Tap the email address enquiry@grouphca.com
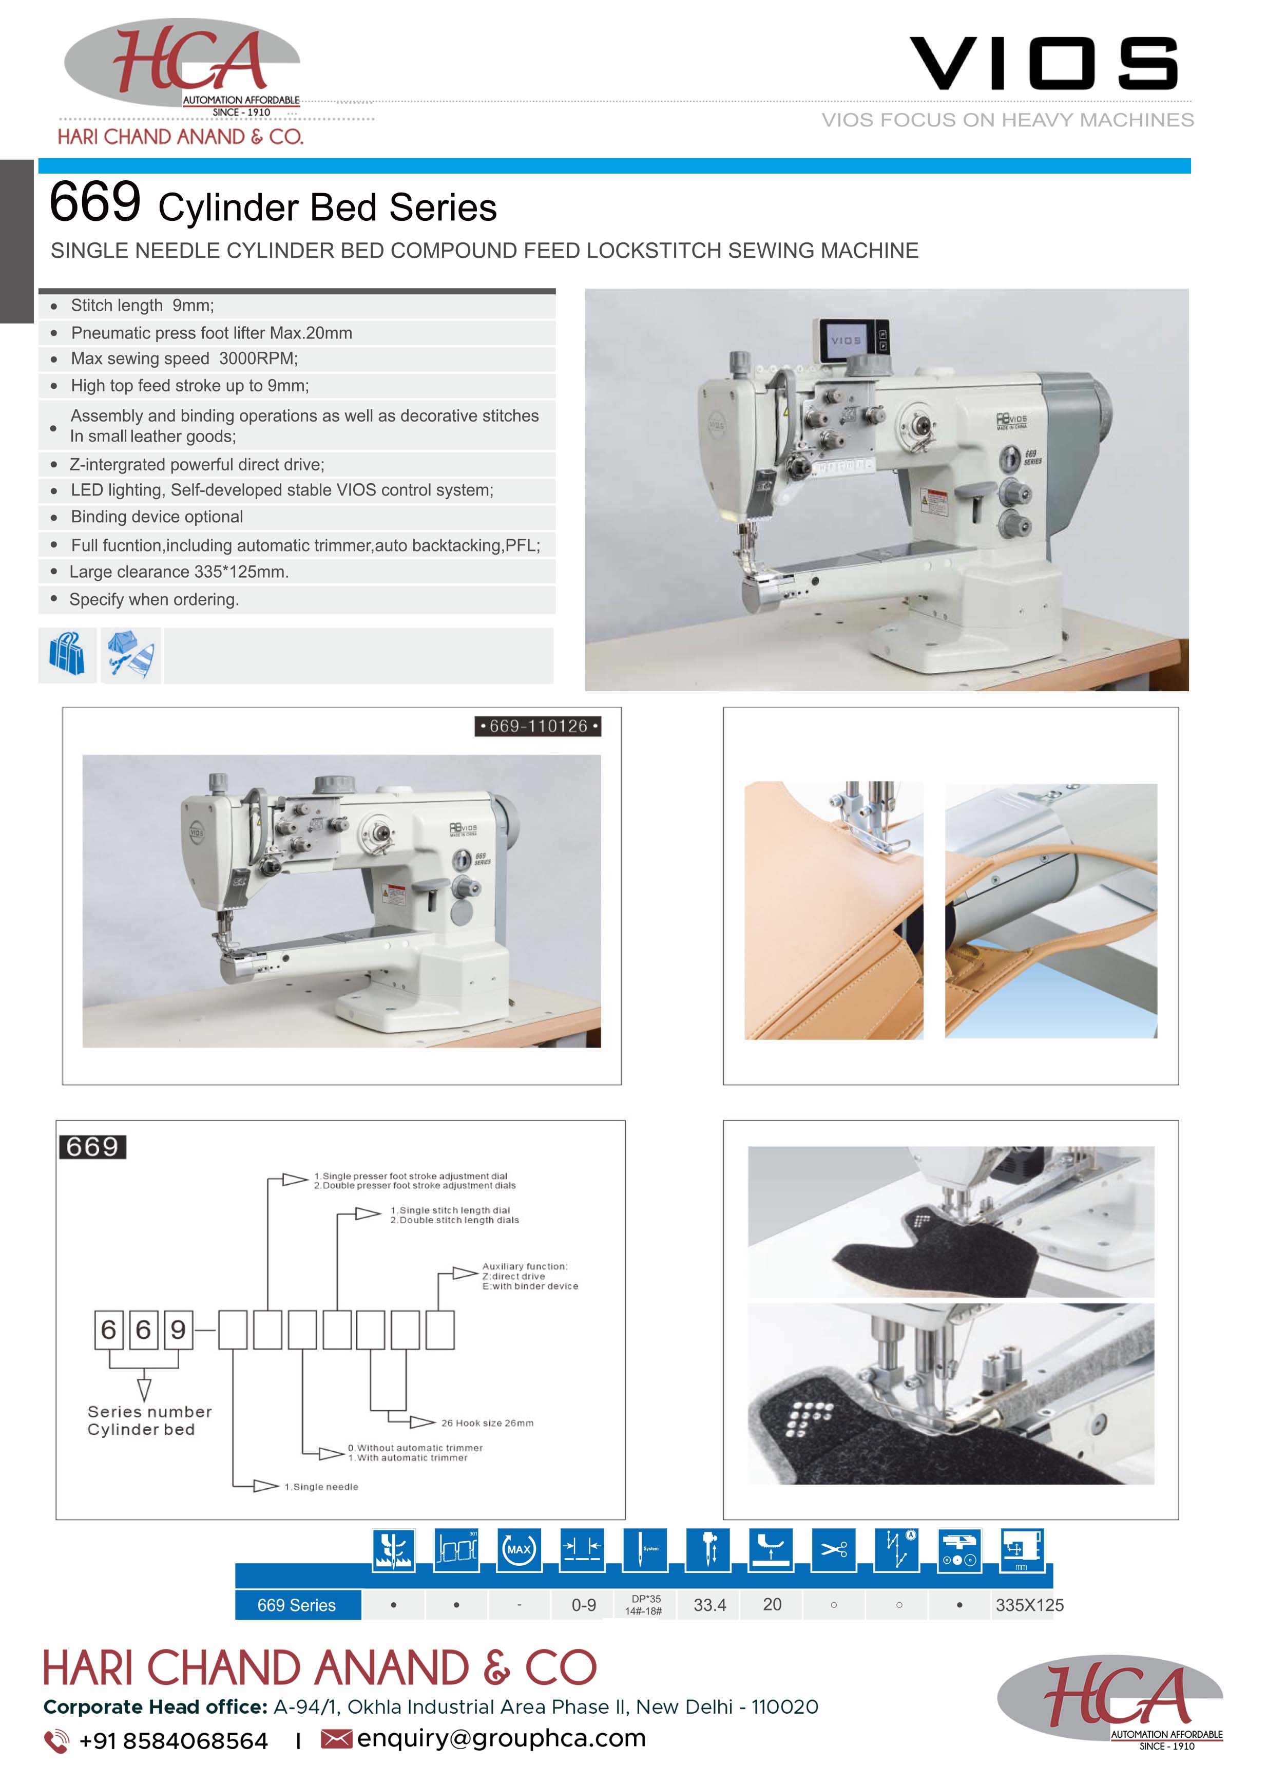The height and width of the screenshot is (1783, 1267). click(501, 1738)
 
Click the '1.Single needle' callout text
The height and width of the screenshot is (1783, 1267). click(321, 1487)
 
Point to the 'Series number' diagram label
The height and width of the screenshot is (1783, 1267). click(150, 1412)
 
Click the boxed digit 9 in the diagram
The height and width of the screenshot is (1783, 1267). click(178, 1329)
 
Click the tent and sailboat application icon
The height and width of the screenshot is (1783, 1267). click(131, 655)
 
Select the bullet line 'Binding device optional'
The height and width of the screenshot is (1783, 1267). click(157, 517)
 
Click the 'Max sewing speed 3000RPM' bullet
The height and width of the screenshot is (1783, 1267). click(184, 359)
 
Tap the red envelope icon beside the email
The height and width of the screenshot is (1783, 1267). click(336, 1739)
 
